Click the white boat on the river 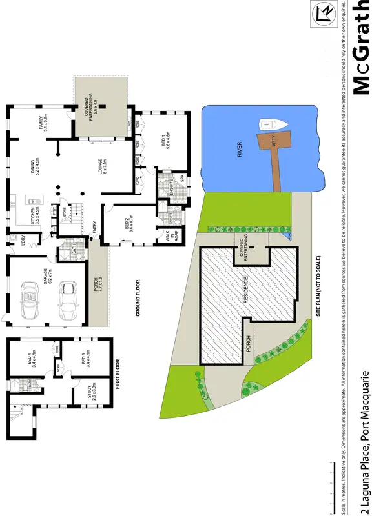click(266, 124)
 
